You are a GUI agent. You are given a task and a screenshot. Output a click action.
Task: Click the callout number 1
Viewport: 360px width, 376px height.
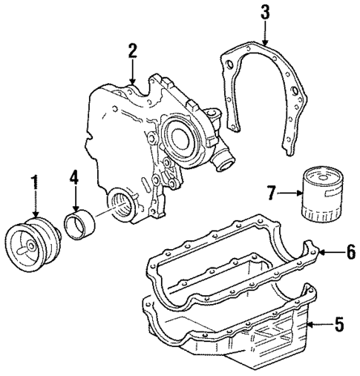click(33, 181)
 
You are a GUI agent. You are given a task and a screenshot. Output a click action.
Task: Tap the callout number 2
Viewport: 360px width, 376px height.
click(132, 51)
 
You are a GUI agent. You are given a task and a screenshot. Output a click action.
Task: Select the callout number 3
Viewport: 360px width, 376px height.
click(265, 13)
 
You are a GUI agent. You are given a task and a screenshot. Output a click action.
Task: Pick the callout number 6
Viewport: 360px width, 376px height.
click(350, 253)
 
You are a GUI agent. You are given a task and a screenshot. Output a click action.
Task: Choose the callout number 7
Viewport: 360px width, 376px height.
click(272, 194)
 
